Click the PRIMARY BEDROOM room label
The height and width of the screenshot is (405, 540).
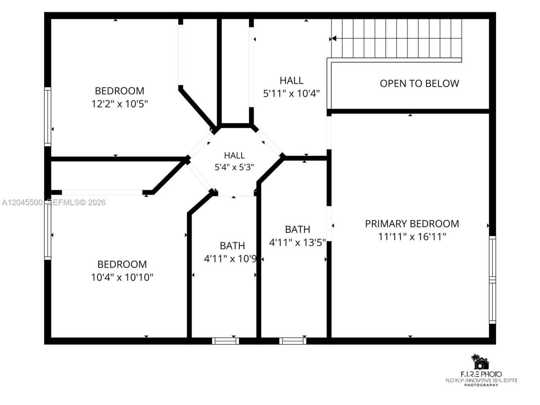412,224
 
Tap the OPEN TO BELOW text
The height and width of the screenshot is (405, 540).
419,84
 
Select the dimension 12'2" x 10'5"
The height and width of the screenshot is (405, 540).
119,104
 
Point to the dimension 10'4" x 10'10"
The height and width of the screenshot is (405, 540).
122,277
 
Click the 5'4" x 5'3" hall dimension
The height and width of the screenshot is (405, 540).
234,167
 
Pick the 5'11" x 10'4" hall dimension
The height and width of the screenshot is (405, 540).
291,93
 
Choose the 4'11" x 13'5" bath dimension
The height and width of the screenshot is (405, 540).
297,243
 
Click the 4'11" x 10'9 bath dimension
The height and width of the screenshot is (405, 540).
230,259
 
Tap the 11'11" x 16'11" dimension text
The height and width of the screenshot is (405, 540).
412,237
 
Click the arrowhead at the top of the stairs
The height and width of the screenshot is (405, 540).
334,39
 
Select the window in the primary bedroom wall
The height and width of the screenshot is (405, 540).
492,280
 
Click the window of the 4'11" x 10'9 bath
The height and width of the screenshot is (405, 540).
225,341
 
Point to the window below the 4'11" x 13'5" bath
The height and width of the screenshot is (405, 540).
292,341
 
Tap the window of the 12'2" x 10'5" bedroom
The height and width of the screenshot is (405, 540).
48,116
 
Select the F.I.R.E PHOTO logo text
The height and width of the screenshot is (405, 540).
481,374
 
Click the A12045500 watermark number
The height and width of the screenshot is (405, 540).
22,202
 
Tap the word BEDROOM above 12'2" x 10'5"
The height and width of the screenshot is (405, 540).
119,91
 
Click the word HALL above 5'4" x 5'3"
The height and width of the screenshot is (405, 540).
234,155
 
